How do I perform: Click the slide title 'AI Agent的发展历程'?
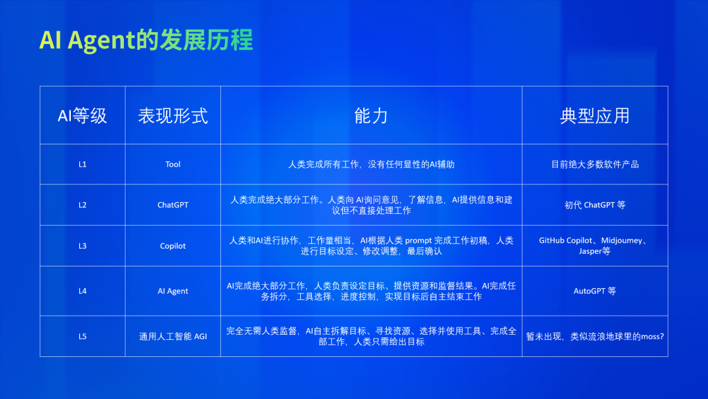coord(146,40)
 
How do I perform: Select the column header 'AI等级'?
coord(82,116)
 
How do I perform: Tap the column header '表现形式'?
coord(173,116)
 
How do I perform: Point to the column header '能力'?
coord(371,116)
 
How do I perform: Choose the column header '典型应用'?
coord(595,116)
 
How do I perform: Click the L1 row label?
coord(83,165)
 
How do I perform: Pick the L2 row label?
coord(83,205)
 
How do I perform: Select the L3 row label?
coord(83,246)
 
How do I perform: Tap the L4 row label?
coord(83,291)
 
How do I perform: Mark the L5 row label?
coord(83,337)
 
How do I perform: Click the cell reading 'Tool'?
coord(173,165)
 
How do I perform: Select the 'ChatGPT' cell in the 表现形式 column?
coord(173,205)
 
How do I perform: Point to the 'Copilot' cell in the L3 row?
coord(173,246)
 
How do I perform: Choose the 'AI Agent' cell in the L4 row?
coord(173,291)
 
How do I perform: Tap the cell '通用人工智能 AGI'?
coord(173,337)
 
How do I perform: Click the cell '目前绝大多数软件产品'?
coord(595,165)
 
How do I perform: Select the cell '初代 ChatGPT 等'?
coord(595,205)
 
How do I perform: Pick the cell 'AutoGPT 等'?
coord(595,291)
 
